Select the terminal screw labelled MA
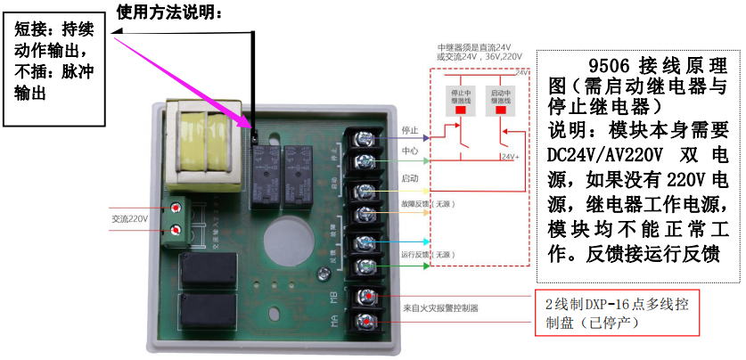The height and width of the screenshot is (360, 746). (x=365, y=322)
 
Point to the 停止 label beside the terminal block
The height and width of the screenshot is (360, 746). (x=410, y=130)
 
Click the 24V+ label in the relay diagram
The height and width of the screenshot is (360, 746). (x=510, y=157)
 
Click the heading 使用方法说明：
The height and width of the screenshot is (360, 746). (x=169, y=12)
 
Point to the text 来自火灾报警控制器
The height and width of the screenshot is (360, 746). (x=441, y=308)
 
